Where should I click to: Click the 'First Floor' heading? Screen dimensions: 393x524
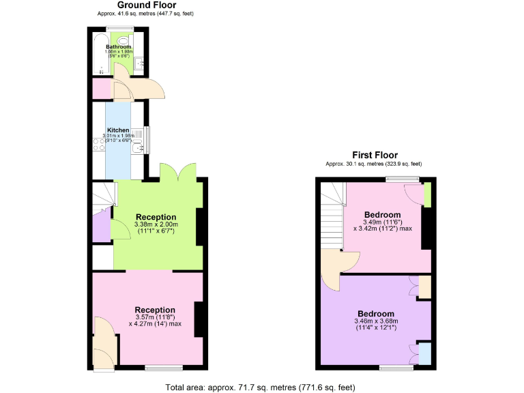tap(375, 155)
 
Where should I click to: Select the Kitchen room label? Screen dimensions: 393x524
tap(117, 130)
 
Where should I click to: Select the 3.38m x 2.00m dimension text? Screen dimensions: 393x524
tap(156, 224)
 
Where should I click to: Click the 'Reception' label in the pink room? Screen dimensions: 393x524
tap(155, 310)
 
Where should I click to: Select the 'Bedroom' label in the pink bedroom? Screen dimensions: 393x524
tap(383, 215)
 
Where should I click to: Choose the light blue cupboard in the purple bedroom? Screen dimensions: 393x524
tap(424, 353)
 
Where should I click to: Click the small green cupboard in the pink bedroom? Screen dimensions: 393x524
tap(427, 195)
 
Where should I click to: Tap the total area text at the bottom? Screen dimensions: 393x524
tap(261, 388)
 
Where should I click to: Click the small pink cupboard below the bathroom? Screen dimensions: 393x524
tap(102, 89)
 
